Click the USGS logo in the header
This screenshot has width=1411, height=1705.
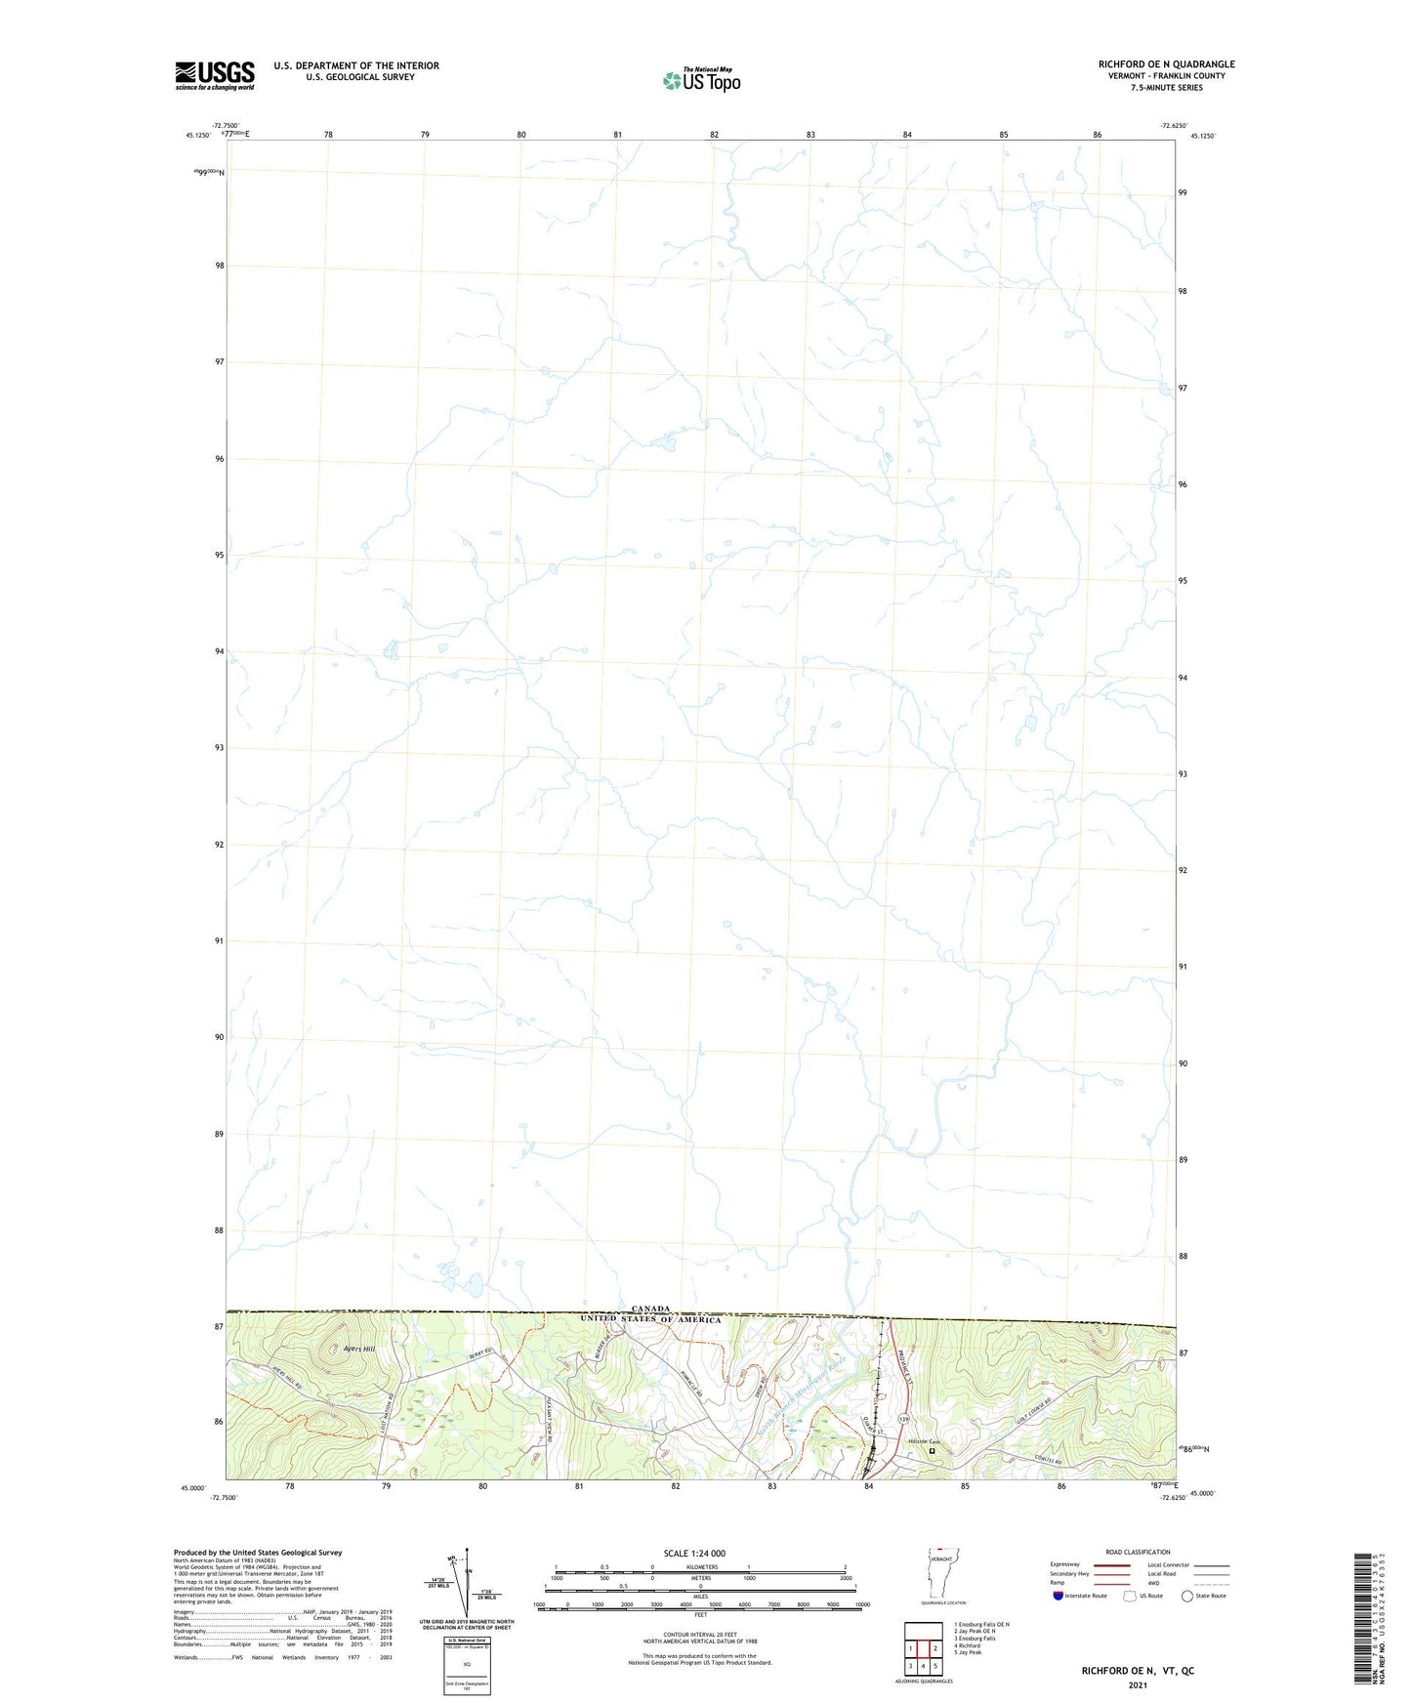(x=215, y=75)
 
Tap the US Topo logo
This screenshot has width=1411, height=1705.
(x=701, y=80)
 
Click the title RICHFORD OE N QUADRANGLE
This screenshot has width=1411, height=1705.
(x=1166, y=64)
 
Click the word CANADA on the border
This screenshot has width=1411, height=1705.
(x=650, y=1309)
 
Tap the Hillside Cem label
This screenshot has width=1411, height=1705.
(x=923, y=1441)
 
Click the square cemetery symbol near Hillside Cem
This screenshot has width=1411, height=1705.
(x=932, y=1451)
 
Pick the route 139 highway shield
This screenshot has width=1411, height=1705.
(x=904, y=1417)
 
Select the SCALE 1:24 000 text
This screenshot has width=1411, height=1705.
(x=694, y=1554)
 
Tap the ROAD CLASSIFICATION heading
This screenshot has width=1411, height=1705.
(x=1138, y=1552)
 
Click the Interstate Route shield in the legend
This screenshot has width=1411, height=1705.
(x=1058, y=1596)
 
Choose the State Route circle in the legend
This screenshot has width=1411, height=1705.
(x=1187, y=1596)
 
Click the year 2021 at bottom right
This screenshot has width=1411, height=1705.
(x=1137, y=1685)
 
